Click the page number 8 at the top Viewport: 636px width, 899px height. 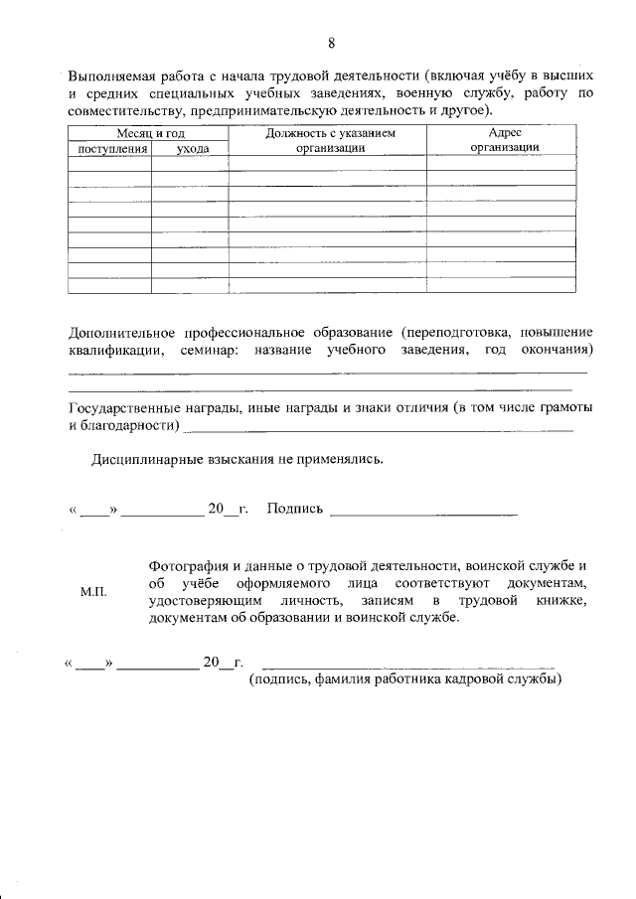[x=331, y=42]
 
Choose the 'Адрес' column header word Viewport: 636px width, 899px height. [x=505, y=132]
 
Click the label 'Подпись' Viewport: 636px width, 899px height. [x=295, y=510]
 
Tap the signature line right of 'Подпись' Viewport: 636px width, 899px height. [x=422, y=514]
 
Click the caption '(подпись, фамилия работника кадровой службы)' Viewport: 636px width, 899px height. [x=405, y=679]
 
